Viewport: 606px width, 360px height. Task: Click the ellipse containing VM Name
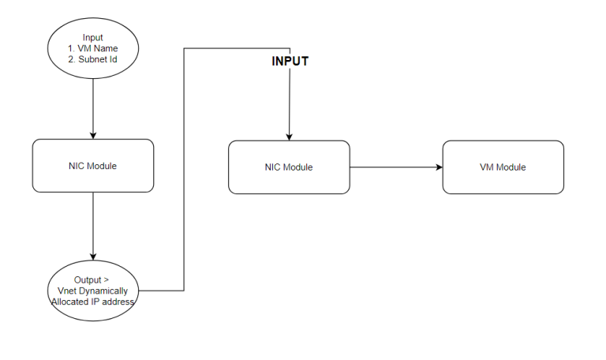(x=93, y=49)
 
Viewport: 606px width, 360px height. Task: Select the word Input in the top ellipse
(x=93, y=37)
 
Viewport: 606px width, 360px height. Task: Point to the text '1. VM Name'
(x=93, y=48)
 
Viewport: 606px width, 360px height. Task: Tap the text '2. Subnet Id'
(x=93, y=59)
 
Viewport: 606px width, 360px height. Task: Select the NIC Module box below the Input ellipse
(x=93, y=166)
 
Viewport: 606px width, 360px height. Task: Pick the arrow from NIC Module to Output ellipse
(x=93, y=225)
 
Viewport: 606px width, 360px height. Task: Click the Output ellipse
(x=93, y=291)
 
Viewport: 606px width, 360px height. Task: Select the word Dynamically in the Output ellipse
(x=103, y=291)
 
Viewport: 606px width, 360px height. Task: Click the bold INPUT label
(x=290, y=61)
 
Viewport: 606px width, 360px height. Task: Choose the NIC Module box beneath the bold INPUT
(x=289, y=167)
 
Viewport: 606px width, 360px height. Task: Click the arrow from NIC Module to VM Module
(x=395, y=167)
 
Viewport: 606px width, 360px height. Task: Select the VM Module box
(x=503, y=167)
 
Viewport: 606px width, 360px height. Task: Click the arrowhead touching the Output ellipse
(x=93, y=255)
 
